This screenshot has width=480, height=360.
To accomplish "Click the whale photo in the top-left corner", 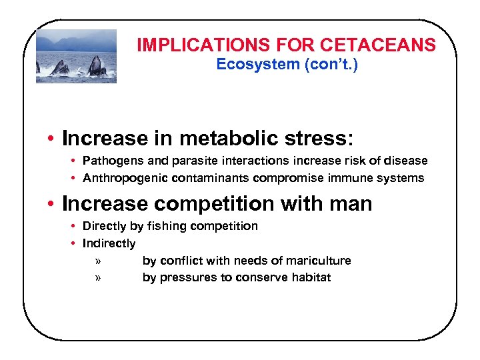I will coord(76,56).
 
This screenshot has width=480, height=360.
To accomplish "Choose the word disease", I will coord(405,161).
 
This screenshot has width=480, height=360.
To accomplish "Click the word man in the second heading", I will coord(350,203).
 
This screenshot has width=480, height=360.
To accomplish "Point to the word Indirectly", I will coord(109,243).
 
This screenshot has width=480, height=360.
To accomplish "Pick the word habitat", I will coord(309,277).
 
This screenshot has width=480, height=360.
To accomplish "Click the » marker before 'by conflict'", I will coord(98,261).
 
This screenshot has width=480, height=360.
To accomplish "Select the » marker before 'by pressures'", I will coord(98,278).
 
